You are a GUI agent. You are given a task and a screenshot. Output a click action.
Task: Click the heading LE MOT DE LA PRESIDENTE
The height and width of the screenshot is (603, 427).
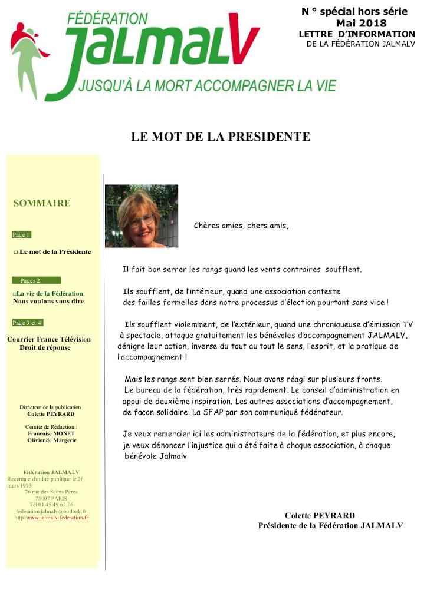[x=220, y=137]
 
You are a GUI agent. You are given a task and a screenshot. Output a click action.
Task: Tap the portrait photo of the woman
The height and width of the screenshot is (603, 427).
[x=142, y=216]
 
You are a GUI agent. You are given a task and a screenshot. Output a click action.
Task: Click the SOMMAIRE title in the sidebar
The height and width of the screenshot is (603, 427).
[x=42, y=203]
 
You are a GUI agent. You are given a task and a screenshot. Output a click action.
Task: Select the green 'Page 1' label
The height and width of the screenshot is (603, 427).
[x=21, y=234]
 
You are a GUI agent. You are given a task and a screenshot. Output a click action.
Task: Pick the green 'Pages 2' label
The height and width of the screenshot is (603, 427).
[x=35, y=280]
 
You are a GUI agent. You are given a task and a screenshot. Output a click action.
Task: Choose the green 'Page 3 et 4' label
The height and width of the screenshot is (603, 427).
[x=27, y=323]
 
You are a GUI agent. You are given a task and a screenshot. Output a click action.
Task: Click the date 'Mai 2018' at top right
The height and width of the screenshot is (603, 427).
[x=362, y=24]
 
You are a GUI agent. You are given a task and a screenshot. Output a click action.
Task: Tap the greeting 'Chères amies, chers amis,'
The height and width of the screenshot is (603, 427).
[x=241, y=226]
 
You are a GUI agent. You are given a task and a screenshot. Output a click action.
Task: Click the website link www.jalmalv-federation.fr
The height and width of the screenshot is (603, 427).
[x=57, y=518]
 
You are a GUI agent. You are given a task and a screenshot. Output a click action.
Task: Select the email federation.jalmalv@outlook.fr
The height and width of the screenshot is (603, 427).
[x=51, y=511]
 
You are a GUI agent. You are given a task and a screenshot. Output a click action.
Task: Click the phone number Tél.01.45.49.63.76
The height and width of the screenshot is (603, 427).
[x=51, y=505]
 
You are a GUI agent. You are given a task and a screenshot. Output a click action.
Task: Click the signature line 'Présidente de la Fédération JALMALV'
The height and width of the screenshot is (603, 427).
[x=330, y=525]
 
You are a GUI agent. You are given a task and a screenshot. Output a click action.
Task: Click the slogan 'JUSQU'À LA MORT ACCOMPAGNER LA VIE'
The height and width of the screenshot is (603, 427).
[x=206, y=86]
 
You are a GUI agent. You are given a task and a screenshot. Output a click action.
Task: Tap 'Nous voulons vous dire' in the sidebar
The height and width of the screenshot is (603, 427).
[x=48, y=301]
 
